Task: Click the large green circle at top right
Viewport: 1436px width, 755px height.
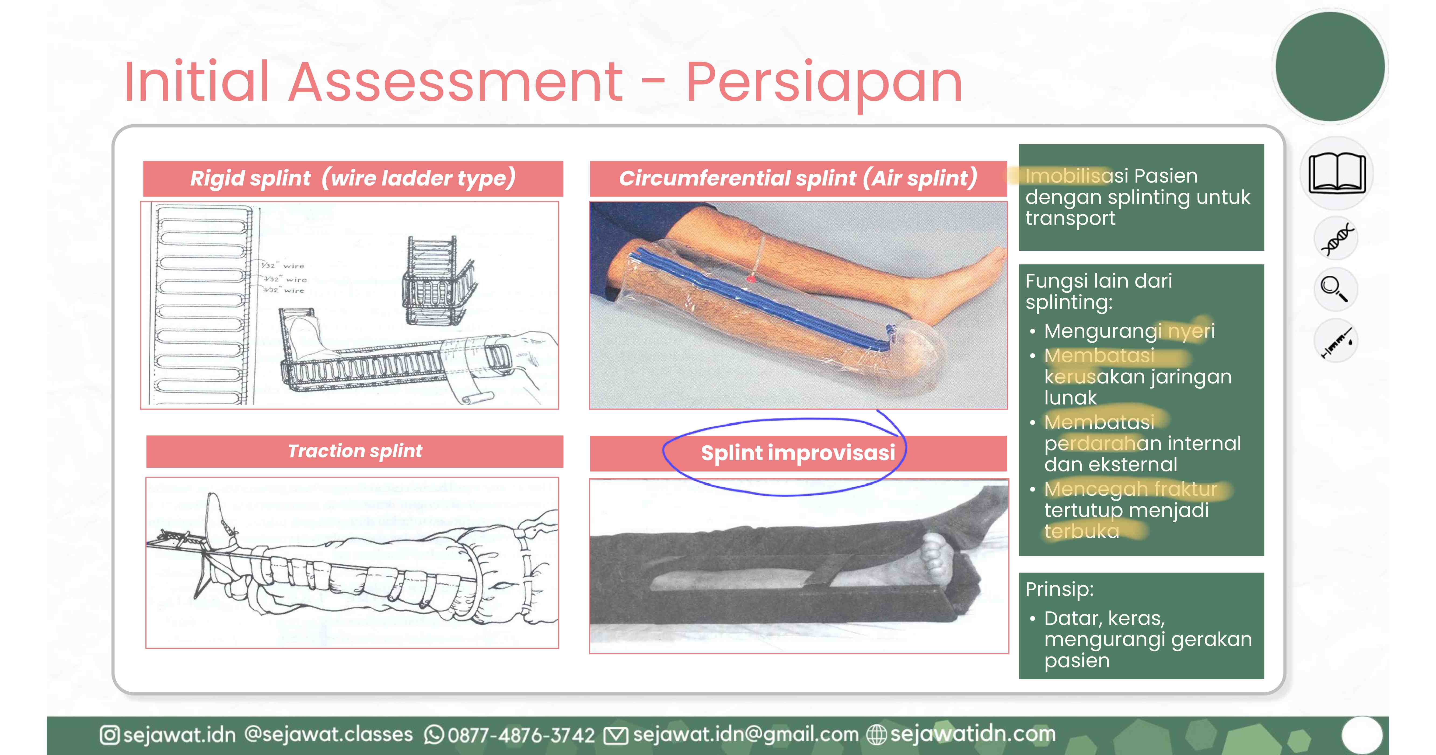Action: (1330, 66)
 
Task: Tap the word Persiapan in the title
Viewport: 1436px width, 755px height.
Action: (824, 82)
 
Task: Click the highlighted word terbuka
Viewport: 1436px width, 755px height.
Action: (1081, 532)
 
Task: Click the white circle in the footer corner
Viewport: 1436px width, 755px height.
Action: (1362, 735)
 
